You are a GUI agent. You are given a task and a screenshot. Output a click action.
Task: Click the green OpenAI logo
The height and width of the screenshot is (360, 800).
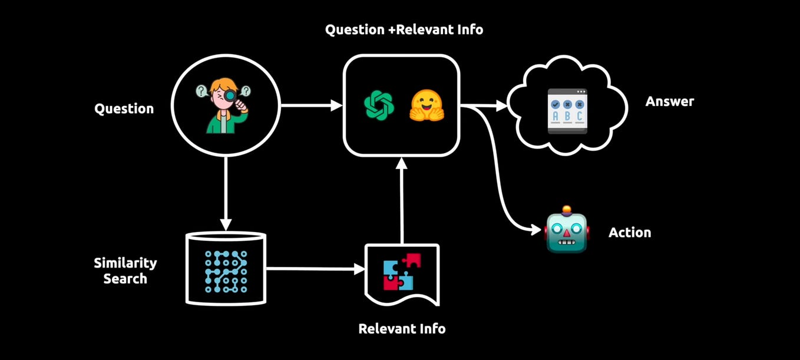click(x=378, y=105)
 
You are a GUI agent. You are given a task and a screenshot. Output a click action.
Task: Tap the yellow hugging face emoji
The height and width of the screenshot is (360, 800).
click(x=427, y=105)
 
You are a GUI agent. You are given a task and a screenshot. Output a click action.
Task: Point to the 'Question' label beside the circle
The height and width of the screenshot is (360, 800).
click(x=124, y=109)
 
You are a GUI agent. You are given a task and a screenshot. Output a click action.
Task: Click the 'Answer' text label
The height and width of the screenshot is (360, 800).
click(x=669, y=101)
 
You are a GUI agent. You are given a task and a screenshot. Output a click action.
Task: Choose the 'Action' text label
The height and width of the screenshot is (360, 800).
click(x=629, y=233)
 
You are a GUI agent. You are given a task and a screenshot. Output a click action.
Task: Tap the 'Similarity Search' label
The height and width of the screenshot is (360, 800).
click(x=125, y=270)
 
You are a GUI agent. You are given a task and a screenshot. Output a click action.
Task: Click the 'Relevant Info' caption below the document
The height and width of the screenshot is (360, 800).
click(x=402, y=328)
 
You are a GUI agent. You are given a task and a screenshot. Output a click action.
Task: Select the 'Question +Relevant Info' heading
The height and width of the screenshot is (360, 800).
click(x=404, y=29)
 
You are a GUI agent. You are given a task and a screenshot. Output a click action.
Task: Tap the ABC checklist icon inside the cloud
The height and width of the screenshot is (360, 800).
click(x=567, y=111)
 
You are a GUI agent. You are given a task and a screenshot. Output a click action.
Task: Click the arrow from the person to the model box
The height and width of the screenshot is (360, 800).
click(x=311, y=106)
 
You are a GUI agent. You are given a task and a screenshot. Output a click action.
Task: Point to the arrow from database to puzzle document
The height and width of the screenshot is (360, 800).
click(x=315, y=269)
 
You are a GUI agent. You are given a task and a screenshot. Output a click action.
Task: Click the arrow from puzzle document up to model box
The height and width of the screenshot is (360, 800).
click(x=402, y=200)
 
